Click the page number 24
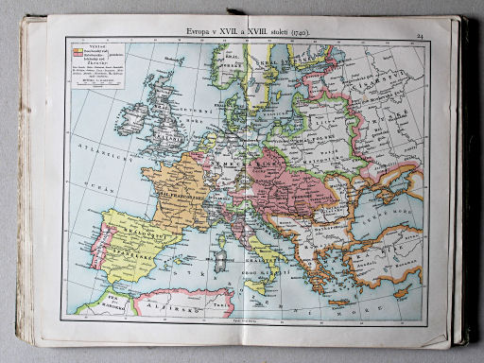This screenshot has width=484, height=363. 418,36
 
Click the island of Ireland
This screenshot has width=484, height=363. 132,117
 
